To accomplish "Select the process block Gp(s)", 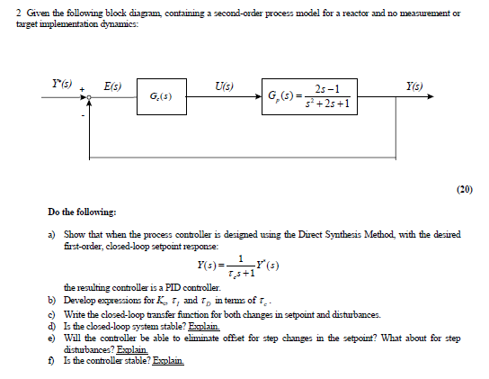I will tap(311, 95).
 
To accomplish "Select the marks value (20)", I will tap(463, 190).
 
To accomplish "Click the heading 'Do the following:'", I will tap(82, 212).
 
